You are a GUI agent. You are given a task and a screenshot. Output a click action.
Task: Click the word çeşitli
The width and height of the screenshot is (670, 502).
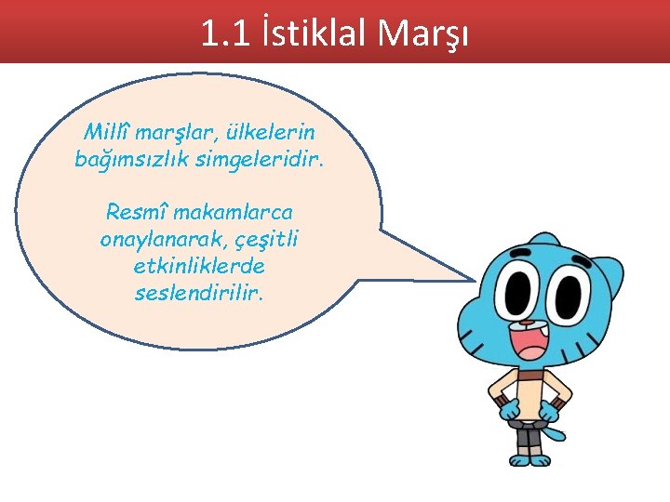[267, 239]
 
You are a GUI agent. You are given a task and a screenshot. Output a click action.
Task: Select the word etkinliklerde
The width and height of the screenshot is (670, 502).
[199, 266]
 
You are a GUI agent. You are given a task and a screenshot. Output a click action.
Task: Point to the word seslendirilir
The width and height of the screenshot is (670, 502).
[199, 293]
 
